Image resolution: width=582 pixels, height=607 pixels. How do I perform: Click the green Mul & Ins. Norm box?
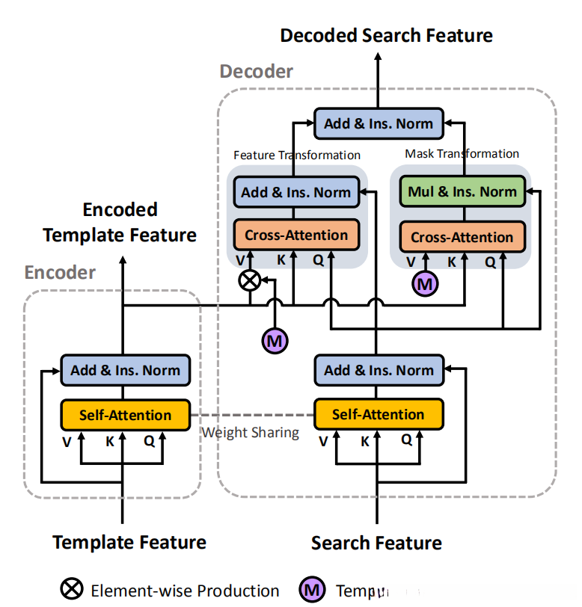pyautogui.click(x=462, y=191)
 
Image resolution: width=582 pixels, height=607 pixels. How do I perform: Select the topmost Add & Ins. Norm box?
pyautogui.click(x=379, y=123)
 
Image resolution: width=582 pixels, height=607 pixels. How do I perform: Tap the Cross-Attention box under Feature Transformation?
pyautogui.click(x=295, y=235)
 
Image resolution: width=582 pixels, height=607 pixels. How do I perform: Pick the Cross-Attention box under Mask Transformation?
pyautogui.click(x=462, y=238)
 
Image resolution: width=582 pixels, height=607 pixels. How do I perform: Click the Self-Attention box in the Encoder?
pyautogui.click(x=126, y=414)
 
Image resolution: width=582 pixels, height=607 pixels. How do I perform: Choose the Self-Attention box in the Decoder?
pyautogui.click(x=378, y=414)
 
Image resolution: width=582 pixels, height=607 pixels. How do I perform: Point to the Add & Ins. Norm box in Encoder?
pyautogui.click(x=126, y=370)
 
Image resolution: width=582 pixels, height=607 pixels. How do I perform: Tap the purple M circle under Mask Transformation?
pyautogui.click(x=424, y=283)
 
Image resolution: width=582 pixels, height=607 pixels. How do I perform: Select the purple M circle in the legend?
pyautogui.click(x=314, y=591)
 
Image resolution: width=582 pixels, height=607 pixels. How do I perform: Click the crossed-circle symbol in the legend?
pyautogui.click(x=72, y=590)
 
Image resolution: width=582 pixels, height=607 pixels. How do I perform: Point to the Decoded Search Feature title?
pyautogui.click(x=386, y=35)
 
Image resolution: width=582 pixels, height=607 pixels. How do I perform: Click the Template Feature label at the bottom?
pyautogui.click(x=129, y=542)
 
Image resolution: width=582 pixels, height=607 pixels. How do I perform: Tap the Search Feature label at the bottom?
pyautogui.click(x=376, y=543)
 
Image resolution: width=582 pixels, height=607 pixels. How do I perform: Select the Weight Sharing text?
pyautogui.click(x=251, y=432)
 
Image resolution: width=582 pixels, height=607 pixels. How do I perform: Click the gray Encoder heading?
pyautogui.click(x=60, y=272)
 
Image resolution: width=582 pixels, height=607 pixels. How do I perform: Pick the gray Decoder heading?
pyautogui.click(x=256, y=72)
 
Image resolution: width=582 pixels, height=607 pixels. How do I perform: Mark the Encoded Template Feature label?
pyautogui.click(x=120, y=222)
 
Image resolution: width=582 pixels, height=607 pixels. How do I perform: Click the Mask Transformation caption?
pyautogui.click(x=462, y=153)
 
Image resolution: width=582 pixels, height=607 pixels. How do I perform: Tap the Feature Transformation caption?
pyautogui.click(x=297, y=155)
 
